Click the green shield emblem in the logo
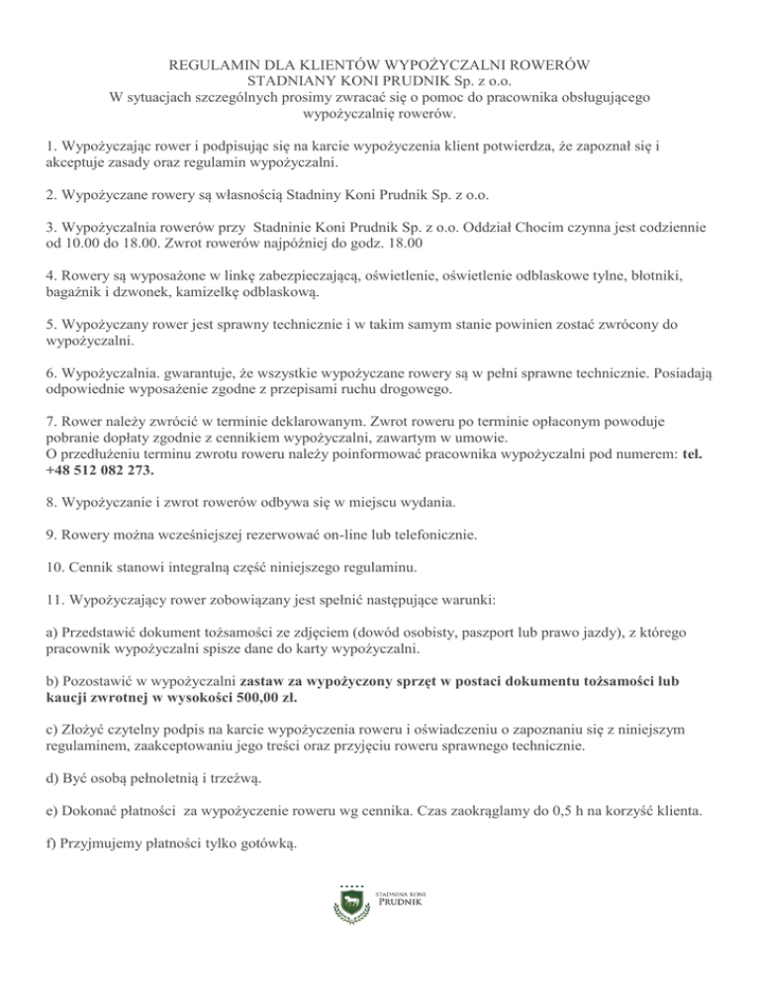pos(349,902)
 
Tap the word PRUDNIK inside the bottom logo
pos(401,903)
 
